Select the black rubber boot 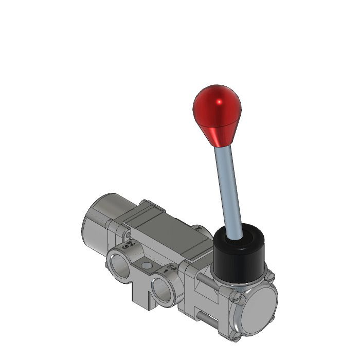pos(238,257)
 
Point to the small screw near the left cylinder pos(125,234)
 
